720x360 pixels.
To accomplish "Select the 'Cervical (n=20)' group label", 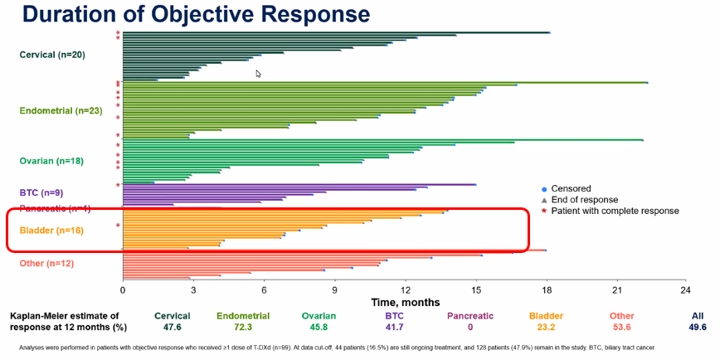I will [x=51, y=55].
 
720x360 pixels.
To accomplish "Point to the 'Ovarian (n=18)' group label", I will [x=52, y=161].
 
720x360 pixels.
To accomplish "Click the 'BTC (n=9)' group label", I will [x=41, y=192].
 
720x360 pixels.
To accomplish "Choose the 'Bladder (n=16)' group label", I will [x=51, y=230].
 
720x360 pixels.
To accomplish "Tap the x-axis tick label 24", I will [x=685, y=290].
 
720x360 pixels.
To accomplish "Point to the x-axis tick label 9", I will [x=334, y=290].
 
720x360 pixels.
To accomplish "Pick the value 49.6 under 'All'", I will [x=698, y=328].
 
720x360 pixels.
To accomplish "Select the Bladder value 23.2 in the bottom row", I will [x=551, y=328].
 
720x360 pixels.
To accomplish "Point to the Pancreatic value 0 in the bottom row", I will [x=470, y=328].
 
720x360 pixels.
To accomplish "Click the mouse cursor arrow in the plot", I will [x=258, y=74].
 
